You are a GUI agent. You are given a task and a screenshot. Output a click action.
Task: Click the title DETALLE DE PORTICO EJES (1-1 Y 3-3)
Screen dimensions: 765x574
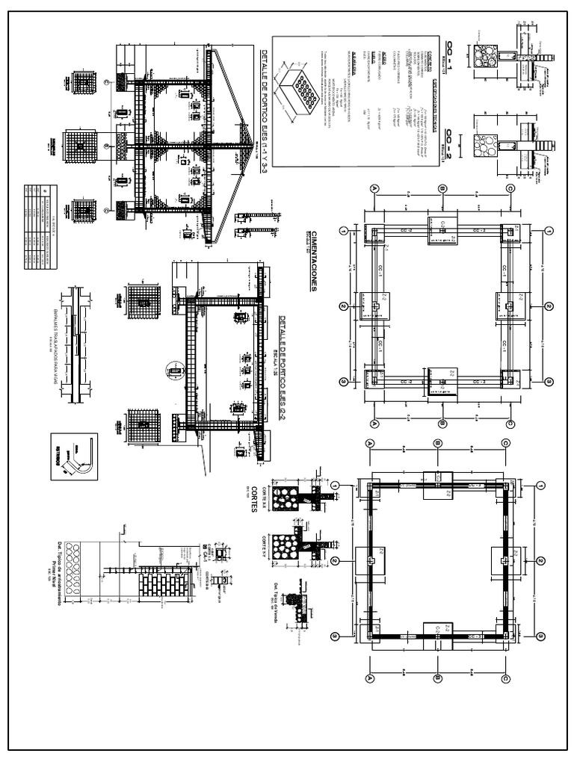[x=263, y=111]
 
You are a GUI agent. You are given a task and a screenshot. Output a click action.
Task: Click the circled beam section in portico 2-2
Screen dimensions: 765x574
[x=176, y=371]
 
